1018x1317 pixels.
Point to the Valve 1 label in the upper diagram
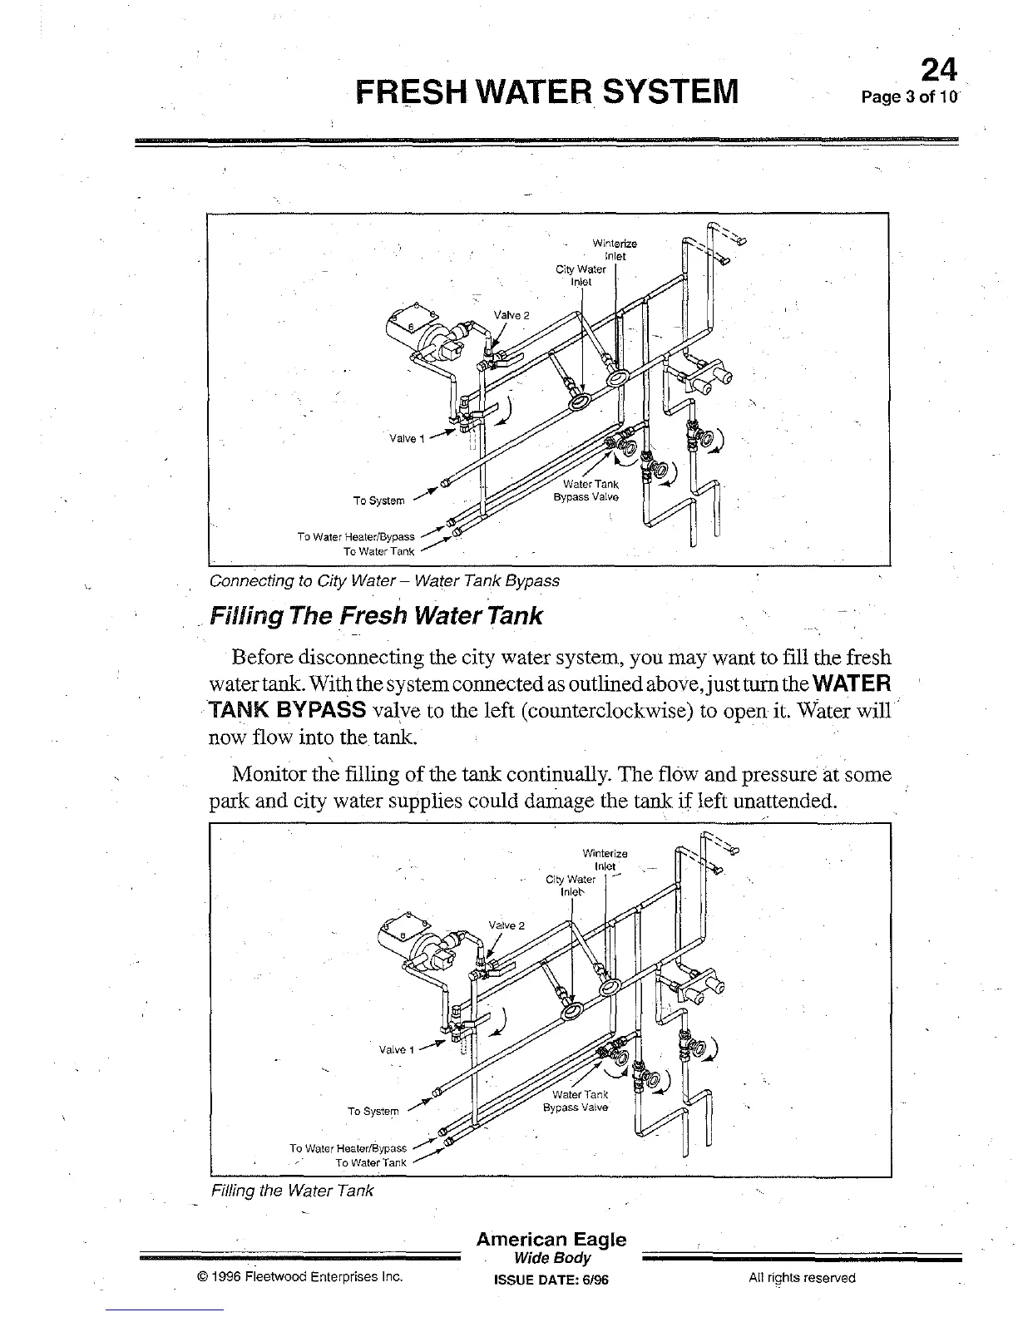[407, 439]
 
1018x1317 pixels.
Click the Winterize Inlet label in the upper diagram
[615, 249]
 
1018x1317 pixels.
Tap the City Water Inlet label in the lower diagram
[571, 885]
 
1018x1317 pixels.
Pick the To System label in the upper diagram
[378, 501]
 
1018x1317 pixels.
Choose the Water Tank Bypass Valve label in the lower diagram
[576, 1101]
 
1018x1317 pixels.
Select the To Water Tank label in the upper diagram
[378, 550]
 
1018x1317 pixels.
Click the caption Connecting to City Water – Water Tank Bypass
[384, 580]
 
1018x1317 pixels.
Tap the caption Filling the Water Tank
[292, 1191]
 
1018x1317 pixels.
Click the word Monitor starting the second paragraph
[270, 775]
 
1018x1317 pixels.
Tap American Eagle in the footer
[551, 1240]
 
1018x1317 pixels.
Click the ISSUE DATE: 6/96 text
[551, 1280]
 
